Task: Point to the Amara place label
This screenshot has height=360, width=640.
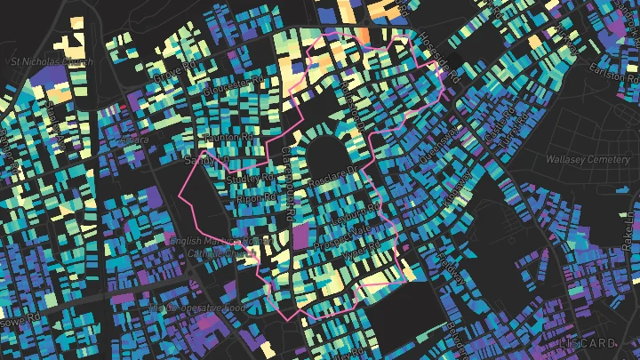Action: point(133,140)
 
